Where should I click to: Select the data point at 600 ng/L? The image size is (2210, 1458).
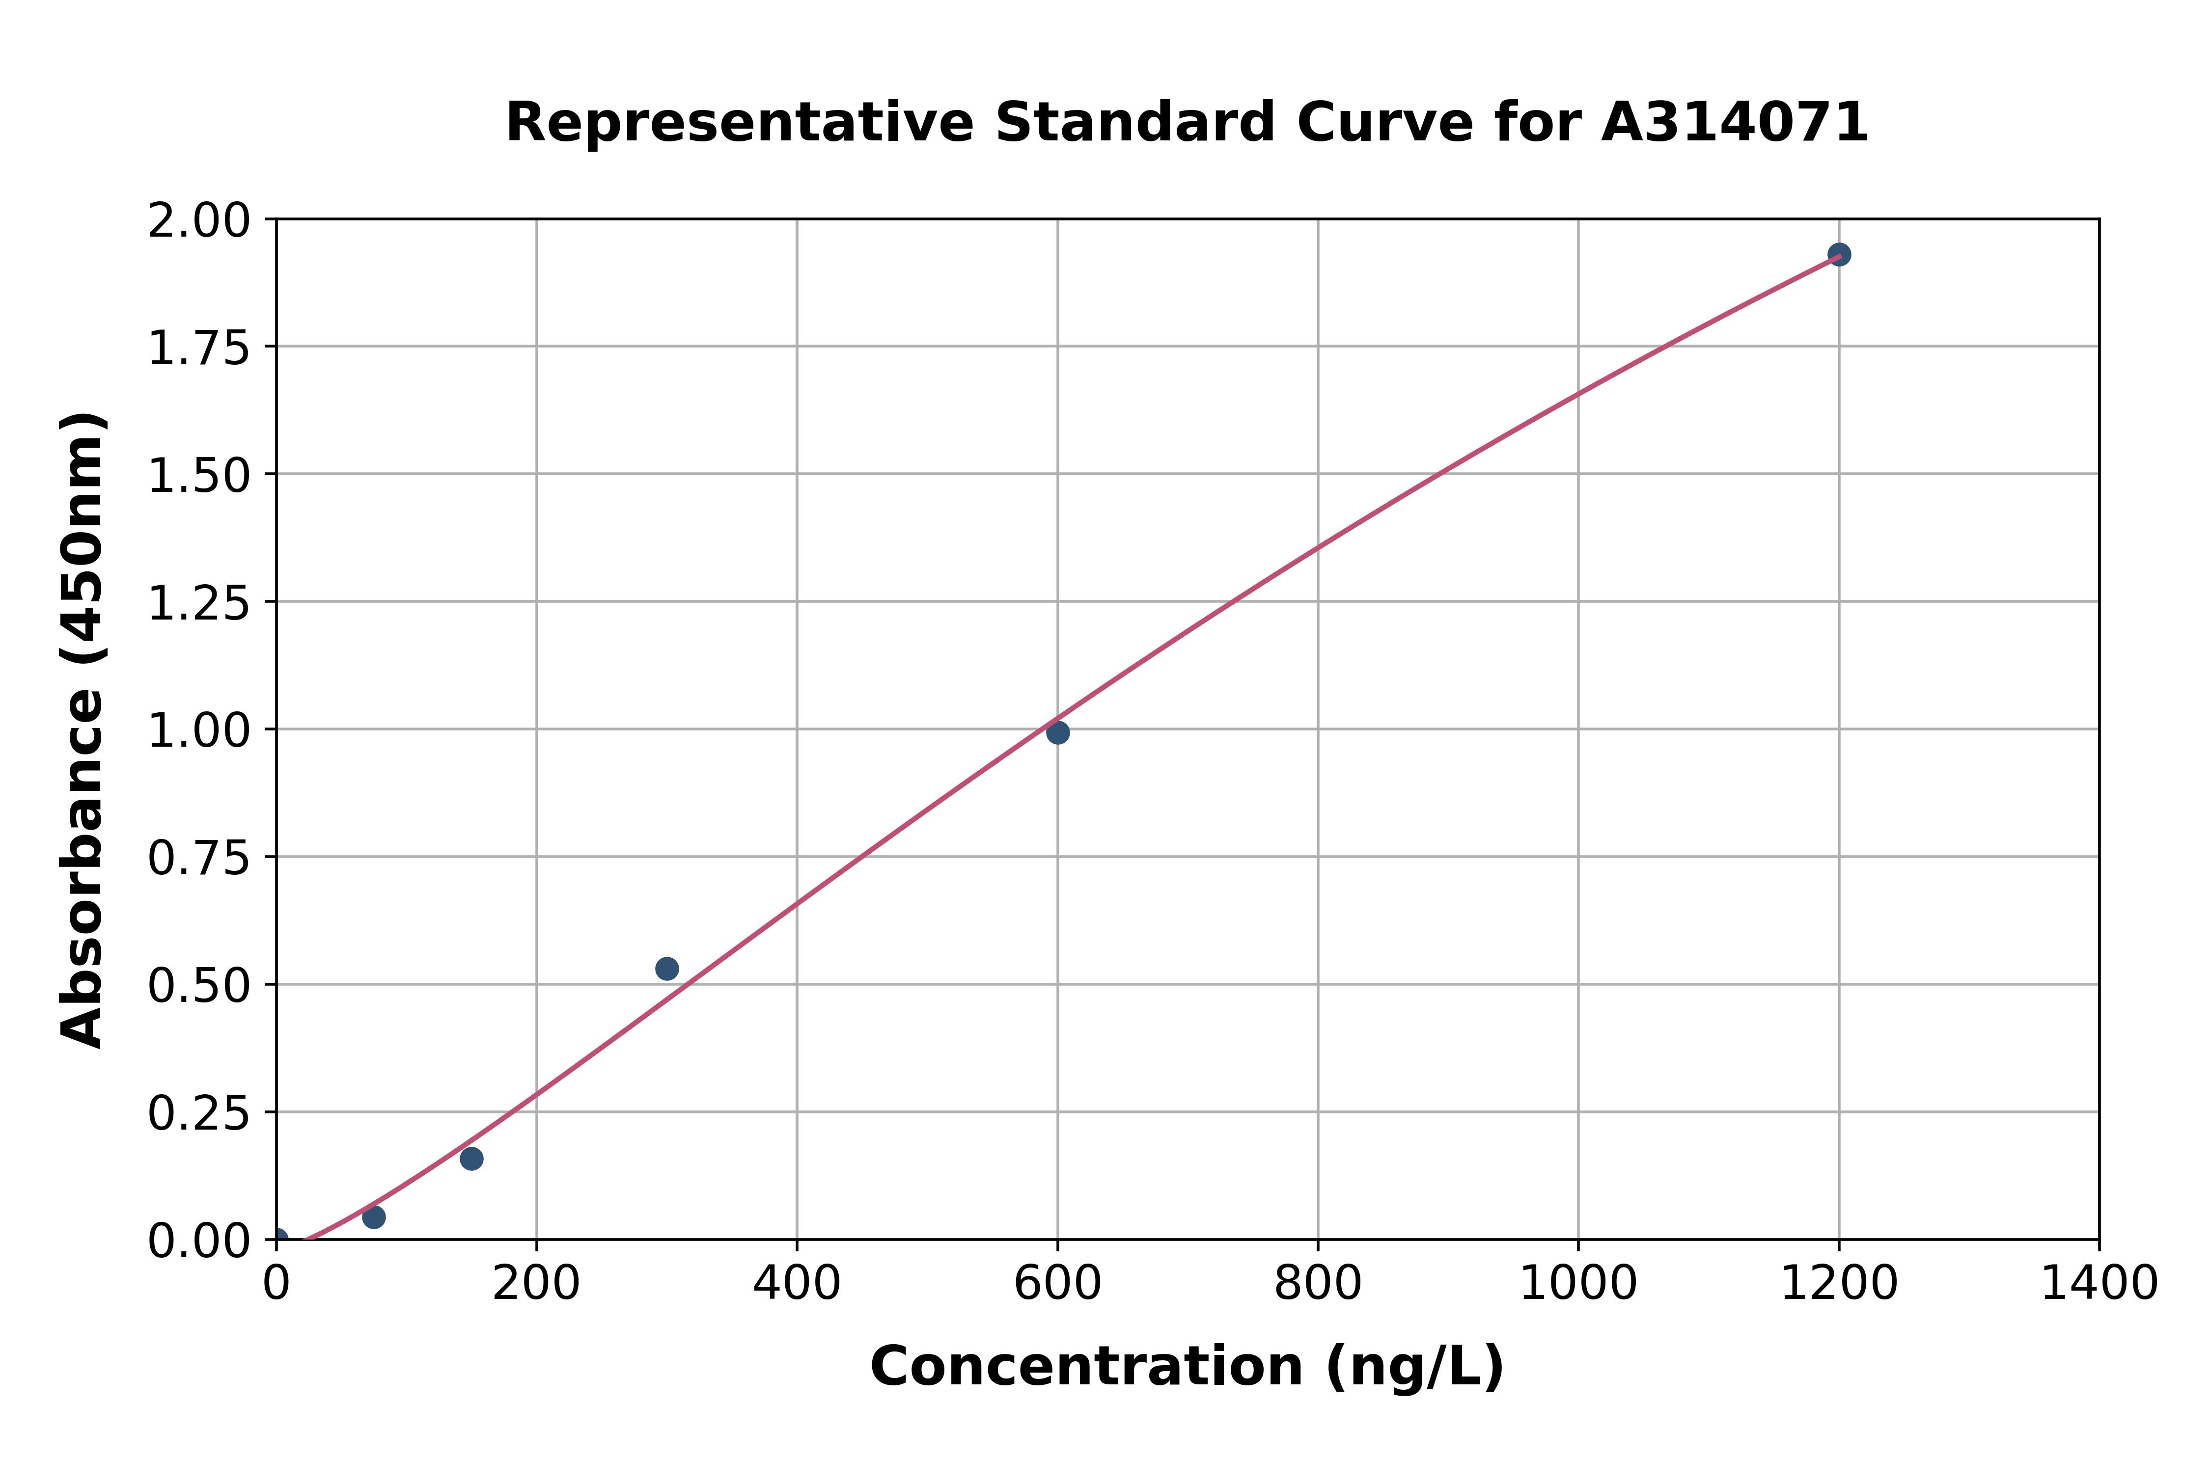[1057, 733]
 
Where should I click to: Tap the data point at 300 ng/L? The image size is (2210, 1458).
[667, 969]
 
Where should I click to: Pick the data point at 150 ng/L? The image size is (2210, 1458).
[471, 1159]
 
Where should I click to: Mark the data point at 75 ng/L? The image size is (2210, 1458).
[374, 1217]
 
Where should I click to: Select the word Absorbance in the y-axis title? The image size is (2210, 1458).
[82, 868]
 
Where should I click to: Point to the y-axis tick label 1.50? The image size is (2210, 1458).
[199, 476]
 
